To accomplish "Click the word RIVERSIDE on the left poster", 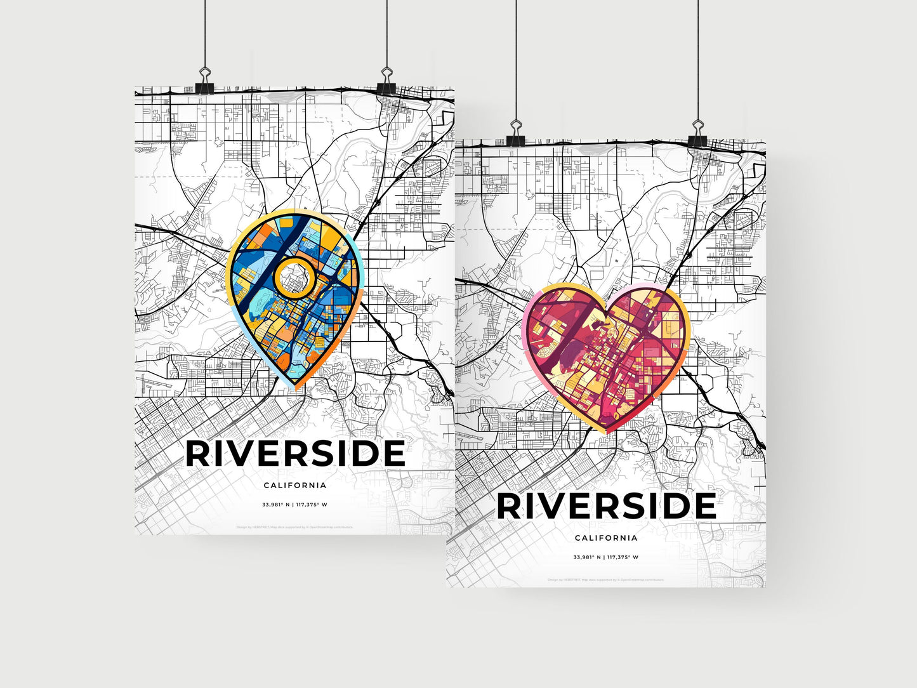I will click(x=295, y=454).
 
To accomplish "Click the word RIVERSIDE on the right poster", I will click(x=606, y=506).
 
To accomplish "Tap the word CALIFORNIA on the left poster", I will click(x=295, y=486).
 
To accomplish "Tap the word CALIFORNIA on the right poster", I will click(x=606, y=538).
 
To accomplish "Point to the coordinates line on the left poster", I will click(x=295, y=505).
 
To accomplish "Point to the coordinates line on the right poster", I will click(x=606, y=557).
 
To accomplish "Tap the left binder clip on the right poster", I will click(x=515, y=133).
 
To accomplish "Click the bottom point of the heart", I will click(x=607, y=432).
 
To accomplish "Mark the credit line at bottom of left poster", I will click(x=294, y=527).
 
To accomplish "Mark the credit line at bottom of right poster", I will click(x=605, y=579).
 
